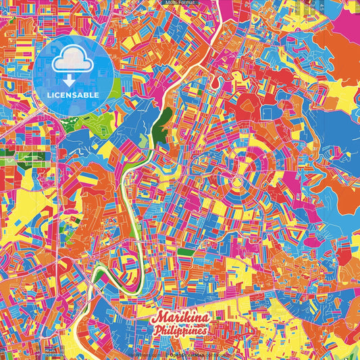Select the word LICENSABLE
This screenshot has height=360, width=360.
pyautogui.click(x=73, y=95)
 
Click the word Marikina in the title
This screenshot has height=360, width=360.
pyautogui.click(x=180, y=318)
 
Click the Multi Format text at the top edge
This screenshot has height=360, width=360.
pyautogui.click(x=180, y=3)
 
